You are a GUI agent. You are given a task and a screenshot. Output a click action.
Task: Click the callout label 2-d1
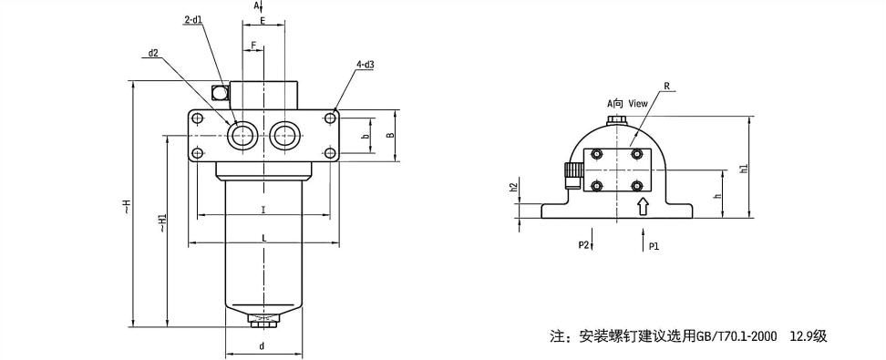point(194,19)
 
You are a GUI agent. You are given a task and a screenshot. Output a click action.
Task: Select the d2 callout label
point(152,54)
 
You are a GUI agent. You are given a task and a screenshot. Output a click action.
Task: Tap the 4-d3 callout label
point(366,65)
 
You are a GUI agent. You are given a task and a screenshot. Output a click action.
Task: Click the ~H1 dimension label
point(162,222)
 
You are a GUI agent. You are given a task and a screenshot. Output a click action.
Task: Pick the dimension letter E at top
point(263,21)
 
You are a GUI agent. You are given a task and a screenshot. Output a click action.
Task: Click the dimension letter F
point(253,44)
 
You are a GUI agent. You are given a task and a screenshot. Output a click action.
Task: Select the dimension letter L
point(263,239)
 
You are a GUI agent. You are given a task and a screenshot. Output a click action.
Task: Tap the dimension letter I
point(263,210)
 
